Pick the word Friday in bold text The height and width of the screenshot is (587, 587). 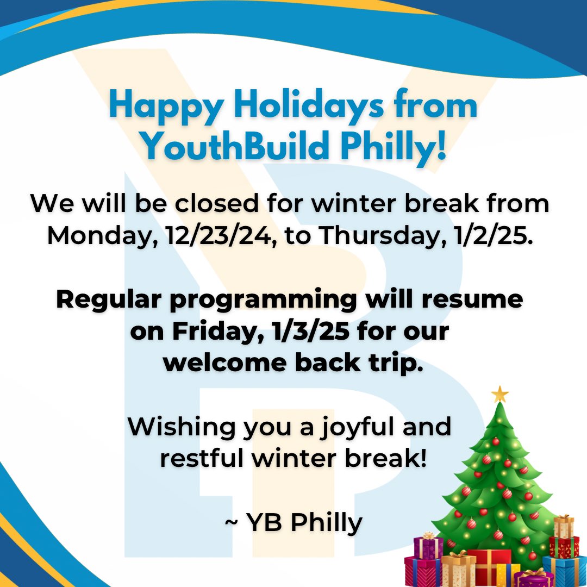210,331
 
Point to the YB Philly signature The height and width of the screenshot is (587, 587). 293,523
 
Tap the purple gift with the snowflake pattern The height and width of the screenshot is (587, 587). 428,548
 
